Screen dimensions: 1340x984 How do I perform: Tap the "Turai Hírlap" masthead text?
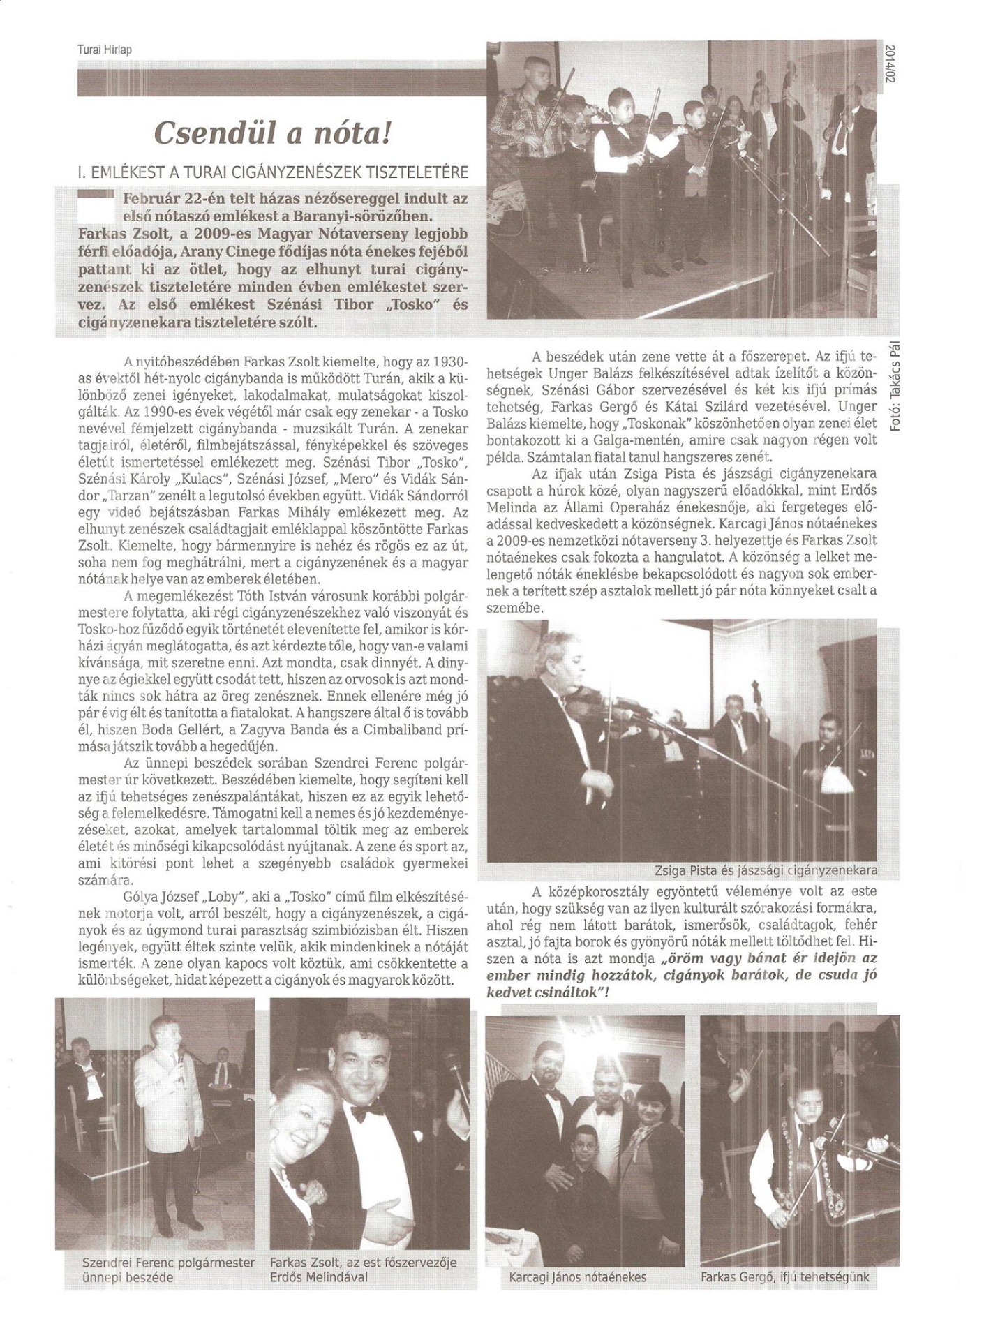pos(104,50)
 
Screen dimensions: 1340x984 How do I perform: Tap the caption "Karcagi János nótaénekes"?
pos(574,1277)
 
